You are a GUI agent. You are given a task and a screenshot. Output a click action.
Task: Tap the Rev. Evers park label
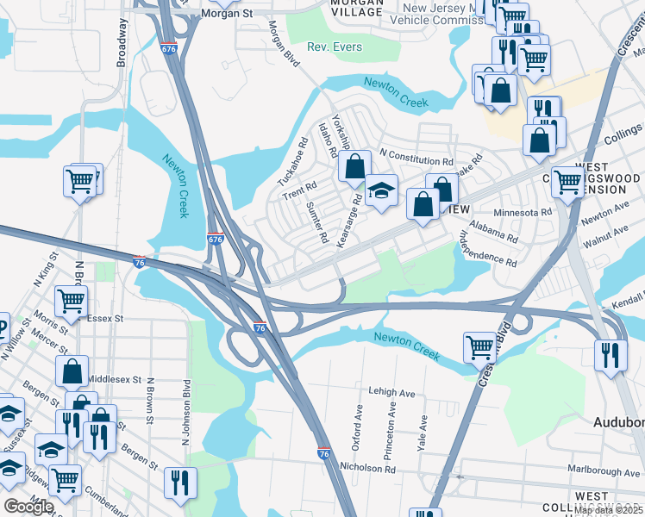click(335, 46)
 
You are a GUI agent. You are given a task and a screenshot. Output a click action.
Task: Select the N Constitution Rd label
click(416, 161)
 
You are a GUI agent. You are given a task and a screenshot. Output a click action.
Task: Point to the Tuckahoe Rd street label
click(292, 163)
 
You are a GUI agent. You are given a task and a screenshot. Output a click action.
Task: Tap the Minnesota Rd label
click(523, 212)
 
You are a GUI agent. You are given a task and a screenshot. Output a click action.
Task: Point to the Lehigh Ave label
click(391, 392)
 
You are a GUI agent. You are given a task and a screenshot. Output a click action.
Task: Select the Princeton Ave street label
click(391, 434)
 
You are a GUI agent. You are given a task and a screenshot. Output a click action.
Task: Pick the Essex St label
click(108, 318)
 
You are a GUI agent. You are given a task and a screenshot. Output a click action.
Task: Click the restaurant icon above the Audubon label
click(611, 354)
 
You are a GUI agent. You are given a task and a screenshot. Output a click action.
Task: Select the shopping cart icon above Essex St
click(72, 301)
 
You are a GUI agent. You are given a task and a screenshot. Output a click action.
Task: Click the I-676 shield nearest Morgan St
click(168, 48)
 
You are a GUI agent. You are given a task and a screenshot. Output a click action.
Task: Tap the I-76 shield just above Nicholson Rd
click(324, 452)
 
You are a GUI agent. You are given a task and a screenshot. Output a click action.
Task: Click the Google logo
click(28, 507)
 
